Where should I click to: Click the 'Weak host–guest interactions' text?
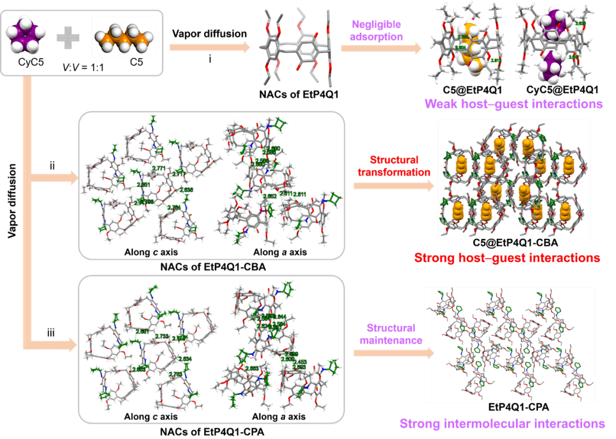pos(513,104)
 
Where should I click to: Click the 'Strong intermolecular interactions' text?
pos(502,424)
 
